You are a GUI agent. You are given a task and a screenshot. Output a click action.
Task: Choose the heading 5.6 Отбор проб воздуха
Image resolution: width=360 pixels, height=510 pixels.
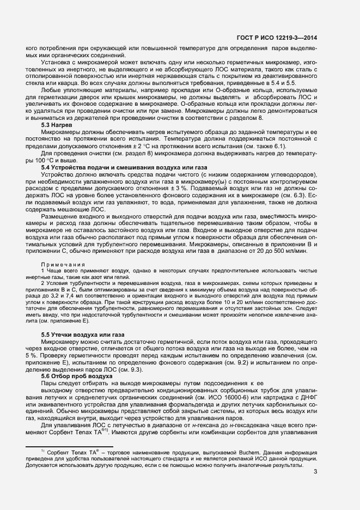(x=77, y=376)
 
